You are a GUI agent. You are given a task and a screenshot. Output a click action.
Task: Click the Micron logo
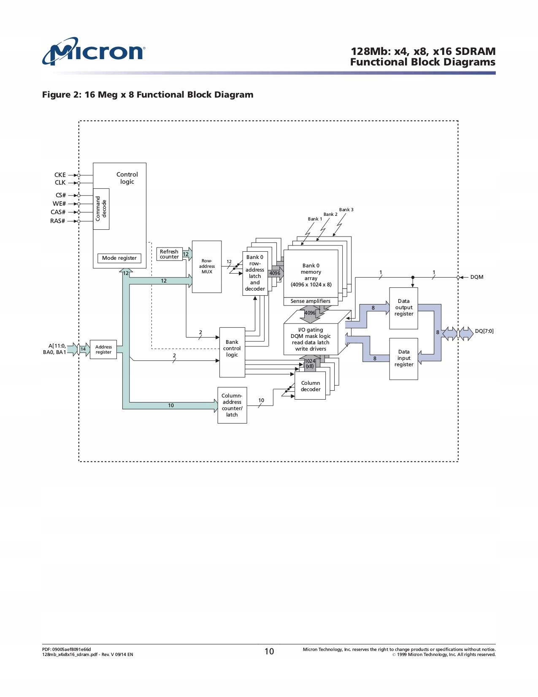pos(93,52)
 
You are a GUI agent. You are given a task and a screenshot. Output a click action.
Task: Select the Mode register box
pos(119,258)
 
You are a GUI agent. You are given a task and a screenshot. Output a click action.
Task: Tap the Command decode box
pos(101,209)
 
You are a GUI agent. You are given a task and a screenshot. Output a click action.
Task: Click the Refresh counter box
pos(169,254)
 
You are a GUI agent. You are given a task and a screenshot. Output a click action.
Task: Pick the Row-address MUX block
pos(207,267)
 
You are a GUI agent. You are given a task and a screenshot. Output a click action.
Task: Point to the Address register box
pos(103,350)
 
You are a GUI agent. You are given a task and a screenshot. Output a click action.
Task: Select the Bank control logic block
pos(232,352)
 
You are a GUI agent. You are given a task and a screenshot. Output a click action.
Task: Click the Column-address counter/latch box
pos(232,405)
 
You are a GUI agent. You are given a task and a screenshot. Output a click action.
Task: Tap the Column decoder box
pos(310,386)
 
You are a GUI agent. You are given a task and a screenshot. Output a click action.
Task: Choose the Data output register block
pos(404,308)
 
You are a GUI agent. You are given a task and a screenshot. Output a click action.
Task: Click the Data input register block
pos(404,358)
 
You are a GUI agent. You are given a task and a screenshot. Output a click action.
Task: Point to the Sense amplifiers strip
pos(311,301)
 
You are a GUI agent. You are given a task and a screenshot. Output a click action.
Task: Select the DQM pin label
pos(477,278)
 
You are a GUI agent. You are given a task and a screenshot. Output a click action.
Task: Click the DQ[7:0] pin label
pos(484,331)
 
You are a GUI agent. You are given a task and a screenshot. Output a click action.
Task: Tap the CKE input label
pos(60,175)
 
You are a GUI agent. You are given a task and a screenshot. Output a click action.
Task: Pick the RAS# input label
pos(58,221)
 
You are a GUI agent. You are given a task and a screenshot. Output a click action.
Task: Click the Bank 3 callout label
pos(346,210)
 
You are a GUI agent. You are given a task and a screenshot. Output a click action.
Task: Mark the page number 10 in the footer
pos(269,651)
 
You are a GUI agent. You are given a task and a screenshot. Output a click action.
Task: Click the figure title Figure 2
pos(148,95)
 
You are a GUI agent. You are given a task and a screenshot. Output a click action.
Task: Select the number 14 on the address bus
pos(83,349)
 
